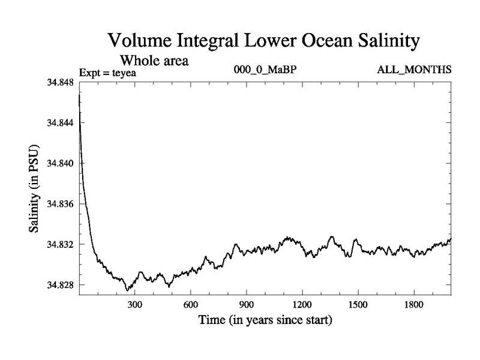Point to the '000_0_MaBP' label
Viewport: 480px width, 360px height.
(266, 70)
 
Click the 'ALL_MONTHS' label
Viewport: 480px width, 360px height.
(414, 70)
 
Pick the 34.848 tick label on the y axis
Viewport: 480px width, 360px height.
(60, 83)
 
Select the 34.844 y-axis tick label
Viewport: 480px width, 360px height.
(60, 123)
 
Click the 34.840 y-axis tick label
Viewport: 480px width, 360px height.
(60, 163)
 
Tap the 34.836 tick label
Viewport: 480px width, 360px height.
(60, 204)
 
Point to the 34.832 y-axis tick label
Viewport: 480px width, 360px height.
(60, 244)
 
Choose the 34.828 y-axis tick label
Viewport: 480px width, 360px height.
(60, 284)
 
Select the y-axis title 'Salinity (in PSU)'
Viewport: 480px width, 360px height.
(34, 188)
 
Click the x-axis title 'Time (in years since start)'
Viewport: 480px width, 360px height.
(265, 320)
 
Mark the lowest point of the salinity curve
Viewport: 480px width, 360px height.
(127, 290)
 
